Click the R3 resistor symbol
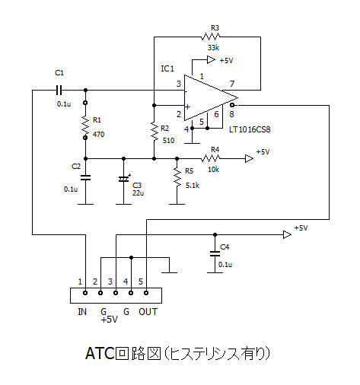point(210,37)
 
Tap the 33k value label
point(213,47)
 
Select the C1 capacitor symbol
point(59,90)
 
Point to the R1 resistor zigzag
point(85,125)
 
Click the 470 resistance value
point(98,134)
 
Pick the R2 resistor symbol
point(154,131)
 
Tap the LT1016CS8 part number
point(250,129)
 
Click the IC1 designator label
point(167,68)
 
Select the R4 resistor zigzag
point(210,158)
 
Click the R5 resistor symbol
point(177,178)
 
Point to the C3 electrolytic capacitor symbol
point(124,179)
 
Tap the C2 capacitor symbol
point(85,177)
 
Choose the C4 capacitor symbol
point(215,253)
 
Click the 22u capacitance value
point(138,193)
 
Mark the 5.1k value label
point(193,186)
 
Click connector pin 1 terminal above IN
point(85,293)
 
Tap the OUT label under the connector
point(148,312)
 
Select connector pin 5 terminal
point(146,293)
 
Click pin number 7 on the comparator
point(232,84)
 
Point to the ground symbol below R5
point(177,204)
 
